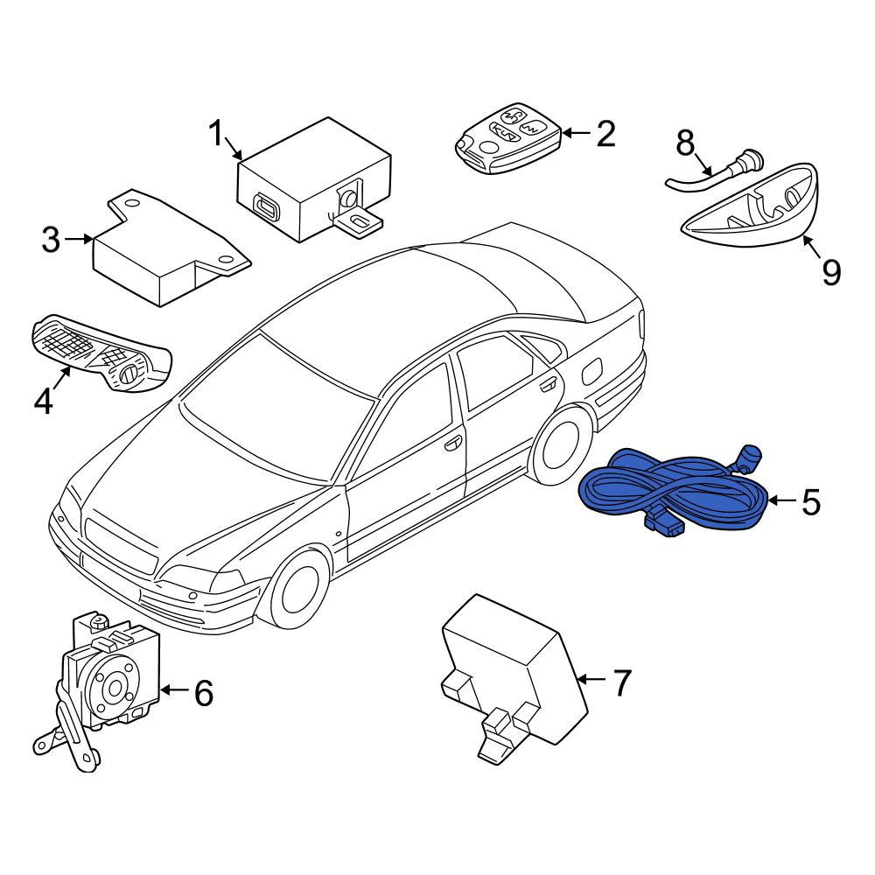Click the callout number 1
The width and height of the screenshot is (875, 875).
click(x=215, y=134)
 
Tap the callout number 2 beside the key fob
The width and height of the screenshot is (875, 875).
click(x=605, y=134)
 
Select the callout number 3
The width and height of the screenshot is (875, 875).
click(x=51, y=240)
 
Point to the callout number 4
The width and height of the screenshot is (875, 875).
click(x=44, y=401)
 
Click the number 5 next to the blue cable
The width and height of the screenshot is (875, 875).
click(x=811, y=501)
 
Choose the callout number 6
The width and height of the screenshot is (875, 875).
click(x=204, y=692)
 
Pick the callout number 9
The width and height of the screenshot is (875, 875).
click(x=831, y=272)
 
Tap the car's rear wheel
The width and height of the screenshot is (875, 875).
click(x=561, y=444)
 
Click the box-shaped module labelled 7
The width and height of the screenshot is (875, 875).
click(x=514, y=679)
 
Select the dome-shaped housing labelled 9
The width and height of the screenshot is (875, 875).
click(x=751, y=206)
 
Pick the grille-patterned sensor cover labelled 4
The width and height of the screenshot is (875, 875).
click(x=101, y=353)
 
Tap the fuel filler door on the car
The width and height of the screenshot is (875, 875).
click(x=592, y=371)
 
